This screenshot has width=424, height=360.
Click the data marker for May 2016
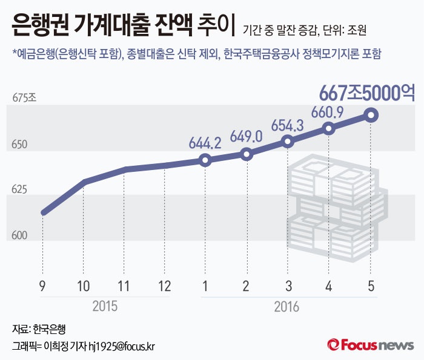[371, 115]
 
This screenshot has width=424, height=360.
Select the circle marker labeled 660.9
[329, 128]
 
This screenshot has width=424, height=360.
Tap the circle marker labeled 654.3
[288, 142]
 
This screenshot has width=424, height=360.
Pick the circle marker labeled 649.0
[247, 154]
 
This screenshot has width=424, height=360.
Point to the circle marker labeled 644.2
[205, 160]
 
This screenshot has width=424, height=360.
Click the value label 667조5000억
[367, 93]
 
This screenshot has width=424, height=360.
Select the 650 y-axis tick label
[20, 145]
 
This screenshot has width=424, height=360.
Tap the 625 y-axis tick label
[20, 190]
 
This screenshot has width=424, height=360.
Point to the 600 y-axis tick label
[20, 235]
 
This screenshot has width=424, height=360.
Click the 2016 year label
[287, 306]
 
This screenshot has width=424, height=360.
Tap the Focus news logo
[371, 345]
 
